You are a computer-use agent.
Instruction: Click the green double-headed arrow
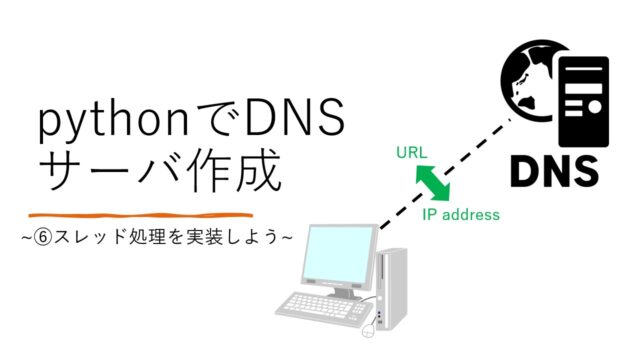click(432, 183)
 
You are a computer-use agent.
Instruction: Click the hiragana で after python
click(224, 123)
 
